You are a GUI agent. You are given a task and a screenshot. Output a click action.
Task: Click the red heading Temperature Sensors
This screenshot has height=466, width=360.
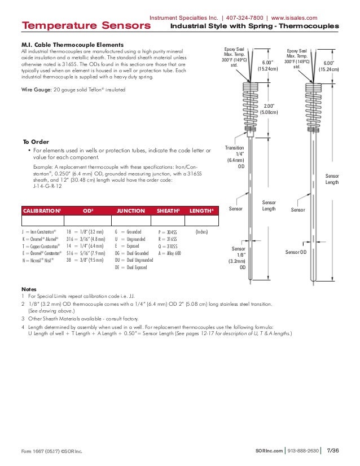point(74,26)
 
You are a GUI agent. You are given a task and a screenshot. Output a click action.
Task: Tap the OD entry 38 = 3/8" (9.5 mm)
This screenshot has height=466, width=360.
point(85,261)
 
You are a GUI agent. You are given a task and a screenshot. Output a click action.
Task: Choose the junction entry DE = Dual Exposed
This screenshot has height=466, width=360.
point(131,267)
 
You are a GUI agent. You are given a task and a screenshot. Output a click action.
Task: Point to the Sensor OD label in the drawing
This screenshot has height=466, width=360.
point(295,252)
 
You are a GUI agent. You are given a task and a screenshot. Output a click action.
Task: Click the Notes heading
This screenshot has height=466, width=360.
point(29,288)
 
